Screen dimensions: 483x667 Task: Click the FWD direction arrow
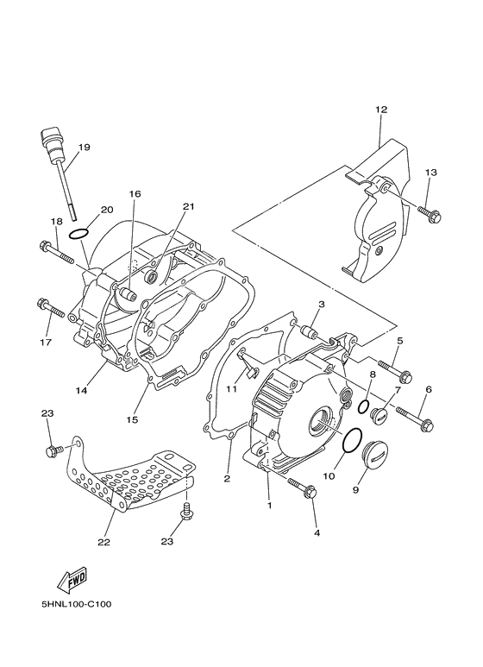pyautogui.click(x=72, y=579)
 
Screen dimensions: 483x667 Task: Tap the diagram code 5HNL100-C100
pyautogui.click(x=77, y=604)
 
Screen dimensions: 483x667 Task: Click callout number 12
pyautogui.click(x=381, y=110)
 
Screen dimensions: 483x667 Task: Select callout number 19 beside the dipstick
pyautogui.click(x=85, y=148)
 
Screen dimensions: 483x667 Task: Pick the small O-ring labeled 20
pyautogui.click(x=78, y=233)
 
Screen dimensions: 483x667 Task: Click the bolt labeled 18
pyautogui.click(x=56, y=253)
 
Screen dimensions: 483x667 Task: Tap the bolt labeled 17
pyautogui.click(x=51, y=308)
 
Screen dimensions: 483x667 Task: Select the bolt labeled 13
pyautogui.click(x=429, y=214)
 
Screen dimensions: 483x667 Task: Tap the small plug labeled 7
pyautogui.click(x=379, y=415)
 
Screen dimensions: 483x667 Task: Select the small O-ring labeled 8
pyautogui.click(x=362, y=406)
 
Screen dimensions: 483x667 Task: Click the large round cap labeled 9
pyautogui.click(x=376, y=456)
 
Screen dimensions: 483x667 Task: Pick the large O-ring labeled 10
pyautogui.click(x=352, y=441)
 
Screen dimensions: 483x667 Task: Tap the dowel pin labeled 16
pyautogui.click(x=126, y=294)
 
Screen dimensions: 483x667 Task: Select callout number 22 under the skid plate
pyautogui.click(x=103, y=542)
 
